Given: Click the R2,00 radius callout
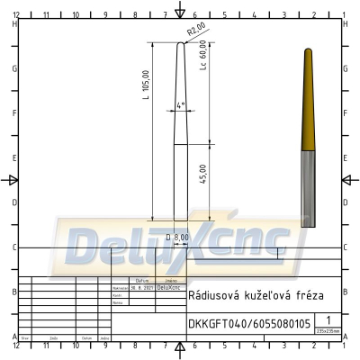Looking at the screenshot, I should point(197,33).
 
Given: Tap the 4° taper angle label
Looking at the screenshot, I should point(181,105).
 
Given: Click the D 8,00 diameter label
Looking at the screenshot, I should point(177,238).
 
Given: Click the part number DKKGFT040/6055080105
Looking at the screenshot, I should point(249,322).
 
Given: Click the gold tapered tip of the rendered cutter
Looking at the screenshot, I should point(308,99).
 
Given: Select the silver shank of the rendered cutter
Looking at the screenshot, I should point(308,184).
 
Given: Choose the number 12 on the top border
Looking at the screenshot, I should point(16,15).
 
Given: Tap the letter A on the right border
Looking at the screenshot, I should point(346,337).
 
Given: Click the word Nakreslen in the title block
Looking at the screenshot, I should point(118,287).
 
